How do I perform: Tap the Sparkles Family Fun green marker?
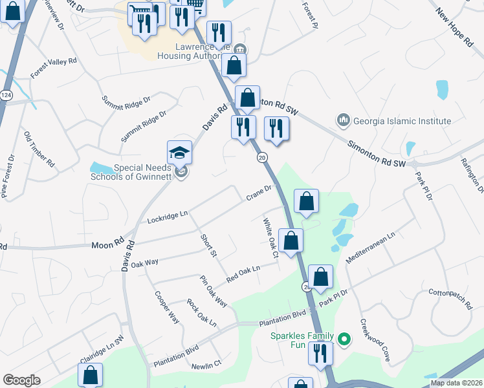344,338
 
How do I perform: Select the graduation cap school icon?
180,153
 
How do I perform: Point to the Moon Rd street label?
107,244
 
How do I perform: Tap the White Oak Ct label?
270,237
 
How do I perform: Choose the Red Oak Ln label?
243,274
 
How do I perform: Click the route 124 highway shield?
6,95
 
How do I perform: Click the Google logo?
21,380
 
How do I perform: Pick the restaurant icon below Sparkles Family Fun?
320,354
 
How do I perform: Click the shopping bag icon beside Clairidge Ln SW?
91,374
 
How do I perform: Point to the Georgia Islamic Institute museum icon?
343,120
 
